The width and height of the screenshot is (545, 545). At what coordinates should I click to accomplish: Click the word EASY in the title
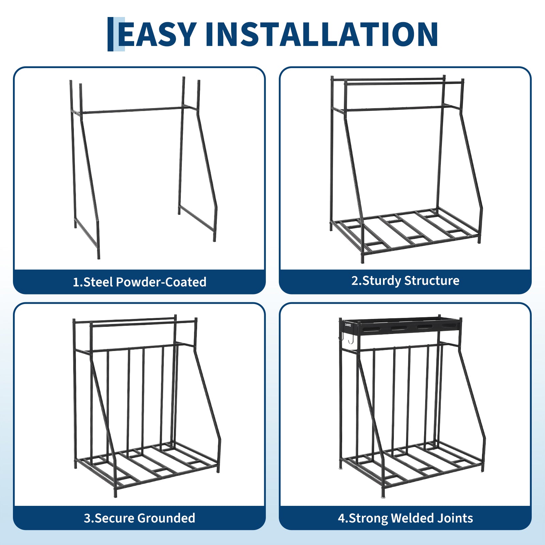click(157, 34)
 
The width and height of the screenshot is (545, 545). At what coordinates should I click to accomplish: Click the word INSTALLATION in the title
click(322, 34)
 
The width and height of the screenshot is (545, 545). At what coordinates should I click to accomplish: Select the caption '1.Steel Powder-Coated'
click(140, 282)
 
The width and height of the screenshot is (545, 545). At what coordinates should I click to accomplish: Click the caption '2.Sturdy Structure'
click(405, 281)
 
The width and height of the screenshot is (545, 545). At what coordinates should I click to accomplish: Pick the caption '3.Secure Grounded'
click(140, 518)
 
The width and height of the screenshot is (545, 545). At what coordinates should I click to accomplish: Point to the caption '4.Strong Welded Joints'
click(405, 518)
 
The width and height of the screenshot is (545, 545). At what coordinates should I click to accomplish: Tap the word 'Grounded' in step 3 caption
click(166, 518)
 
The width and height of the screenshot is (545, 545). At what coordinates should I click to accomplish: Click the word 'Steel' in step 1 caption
click(98, 282)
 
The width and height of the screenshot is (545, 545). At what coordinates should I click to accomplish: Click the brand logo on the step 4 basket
click(348, 325)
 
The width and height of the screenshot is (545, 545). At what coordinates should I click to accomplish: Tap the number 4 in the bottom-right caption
click(341, 518)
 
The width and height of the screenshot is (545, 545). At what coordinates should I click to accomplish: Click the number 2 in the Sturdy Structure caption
click(355, 280)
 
